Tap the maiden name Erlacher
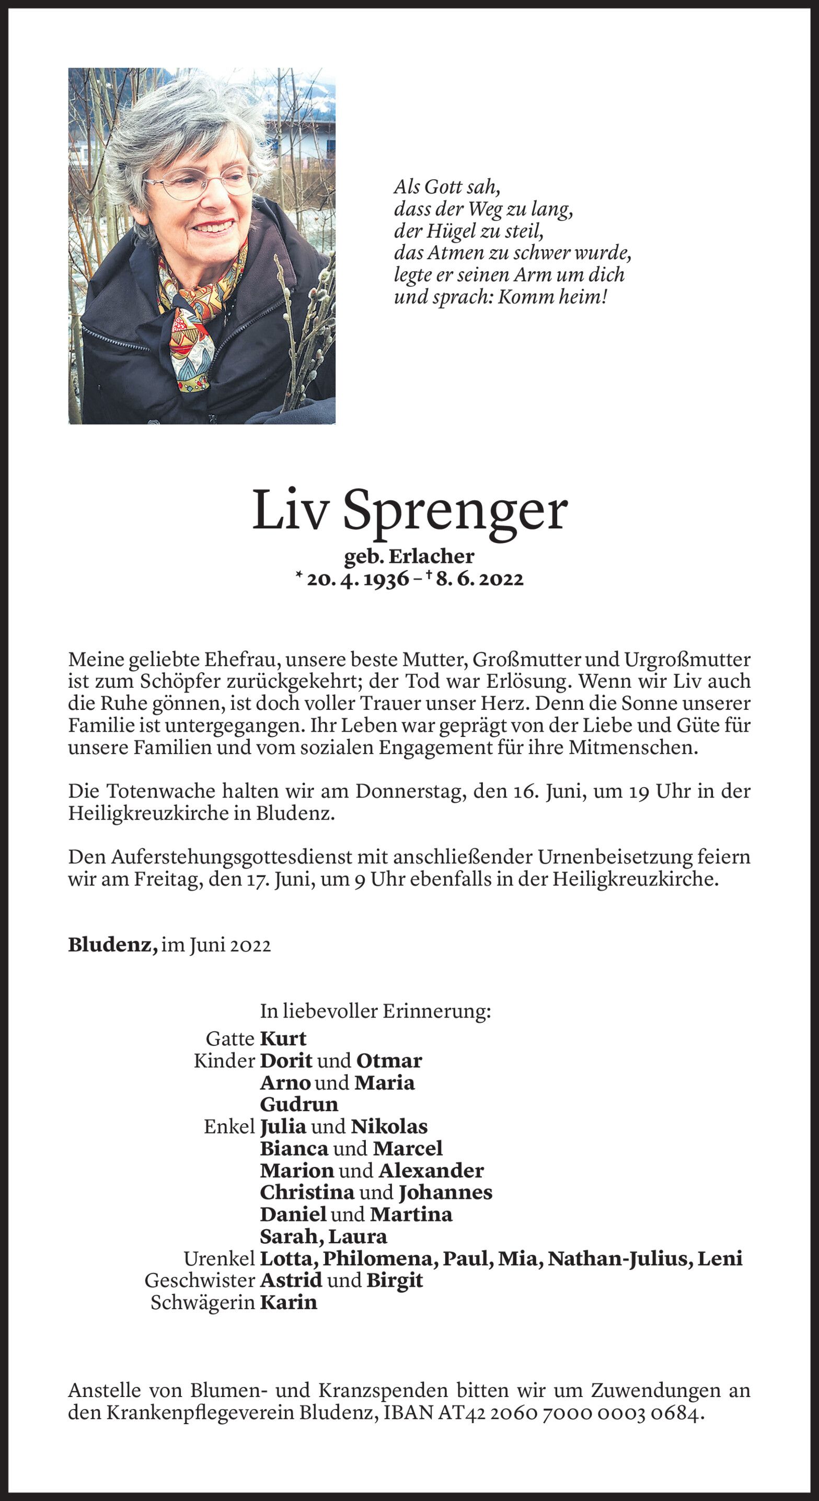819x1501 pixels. pyautogui.click(x=431, y=557)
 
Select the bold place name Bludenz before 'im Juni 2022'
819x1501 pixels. pyautogui.click(x=112, y=945)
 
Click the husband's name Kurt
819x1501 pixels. pyautogui.click(x=283, y=1038)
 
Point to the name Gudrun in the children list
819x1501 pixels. pyautogui.click(x=298, y=1104)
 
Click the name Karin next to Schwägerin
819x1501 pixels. pyautogui.click(x=288, y=1302)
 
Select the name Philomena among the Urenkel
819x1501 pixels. pyautogui.click(x=380, y=1258)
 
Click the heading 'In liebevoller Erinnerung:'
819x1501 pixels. pyautogui.click(x=375, y=1011)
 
